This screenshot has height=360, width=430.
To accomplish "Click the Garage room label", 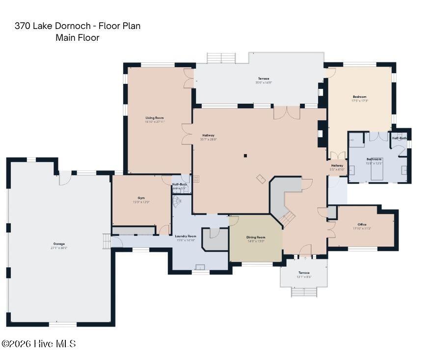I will pyautogui.click(x=59, y=244).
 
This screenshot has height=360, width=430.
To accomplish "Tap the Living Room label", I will pyautogui.click(x=154, y=118).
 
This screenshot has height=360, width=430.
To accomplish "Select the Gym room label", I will pyautogui.click(x=141, y=197).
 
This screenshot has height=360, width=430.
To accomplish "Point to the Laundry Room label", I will pyautogui.click(x=186, y=236).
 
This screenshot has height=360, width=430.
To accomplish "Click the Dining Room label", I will pyautogui.click(x=255, y=237).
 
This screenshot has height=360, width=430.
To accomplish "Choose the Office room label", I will pyautogui.click(x=362, y=224).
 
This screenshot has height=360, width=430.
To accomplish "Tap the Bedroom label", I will pyautogui.click(x=359, y=97).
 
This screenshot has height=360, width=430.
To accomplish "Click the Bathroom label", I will pyautogui.click(x=374, y=159).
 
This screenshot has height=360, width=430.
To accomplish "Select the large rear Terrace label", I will pyautogui.click(x=264, y=79).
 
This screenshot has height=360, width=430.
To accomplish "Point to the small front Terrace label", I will pyautogui.click(x=304, y=273).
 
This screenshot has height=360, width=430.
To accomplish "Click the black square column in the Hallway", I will pyautogui.click(x=245, y=156).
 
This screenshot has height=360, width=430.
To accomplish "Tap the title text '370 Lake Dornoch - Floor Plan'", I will pyautogui.click(x=78, y=26).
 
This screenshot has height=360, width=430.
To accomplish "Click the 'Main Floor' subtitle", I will pyautogui.click(x=78, y=38).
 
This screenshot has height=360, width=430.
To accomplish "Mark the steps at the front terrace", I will pyautogui.click(x=304, y=292).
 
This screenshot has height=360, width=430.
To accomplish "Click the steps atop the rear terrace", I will pyautogui.click(x=221, y=58).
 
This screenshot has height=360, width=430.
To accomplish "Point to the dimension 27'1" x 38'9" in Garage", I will pyautogui.click(x=59, y=248).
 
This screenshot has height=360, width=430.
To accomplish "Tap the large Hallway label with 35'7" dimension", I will pyautogui.click(x=208, y=136).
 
